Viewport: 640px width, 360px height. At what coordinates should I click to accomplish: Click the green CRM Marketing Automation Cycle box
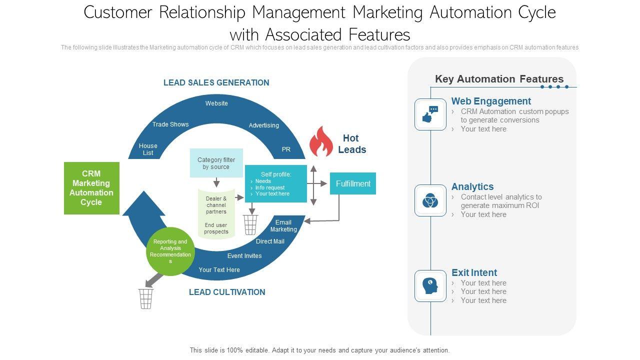(91, 188)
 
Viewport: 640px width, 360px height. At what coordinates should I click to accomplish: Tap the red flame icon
(321, 142)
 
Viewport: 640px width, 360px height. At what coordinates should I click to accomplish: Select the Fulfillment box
(353, 183)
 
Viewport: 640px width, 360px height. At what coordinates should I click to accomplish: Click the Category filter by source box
(216, 163)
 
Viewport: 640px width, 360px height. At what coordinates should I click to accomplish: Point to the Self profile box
(275, 183)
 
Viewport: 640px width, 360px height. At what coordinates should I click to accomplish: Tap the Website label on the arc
(216, 103)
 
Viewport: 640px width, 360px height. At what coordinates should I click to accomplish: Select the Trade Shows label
(170, 124)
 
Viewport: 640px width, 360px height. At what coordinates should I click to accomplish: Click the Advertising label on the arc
(264, 125)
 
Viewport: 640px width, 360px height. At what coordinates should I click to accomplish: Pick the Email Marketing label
(283, 226)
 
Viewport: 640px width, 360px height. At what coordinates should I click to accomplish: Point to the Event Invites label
(244, 256)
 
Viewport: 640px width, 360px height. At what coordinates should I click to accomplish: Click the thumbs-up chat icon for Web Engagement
(430, 114)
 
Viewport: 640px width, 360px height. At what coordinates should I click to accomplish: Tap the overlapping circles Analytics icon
(430, 200)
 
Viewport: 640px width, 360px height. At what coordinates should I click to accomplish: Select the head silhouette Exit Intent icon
(430, 286)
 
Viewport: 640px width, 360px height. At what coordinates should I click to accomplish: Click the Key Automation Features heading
(499, 79)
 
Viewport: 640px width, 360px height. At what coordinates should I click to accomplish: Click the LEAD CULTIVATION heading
(227, 292)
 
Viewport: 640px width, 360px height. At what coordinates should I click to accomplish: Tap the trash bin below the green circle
(145, 298)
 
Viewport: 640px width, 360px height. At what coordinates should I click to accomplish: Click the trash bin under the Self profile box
(250, 224)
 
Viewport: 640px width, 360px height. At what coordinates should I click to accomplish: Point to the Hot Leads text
(352, 144)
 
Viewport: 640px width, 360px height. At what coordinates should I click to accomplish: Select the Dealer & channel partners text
(216, 205)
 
